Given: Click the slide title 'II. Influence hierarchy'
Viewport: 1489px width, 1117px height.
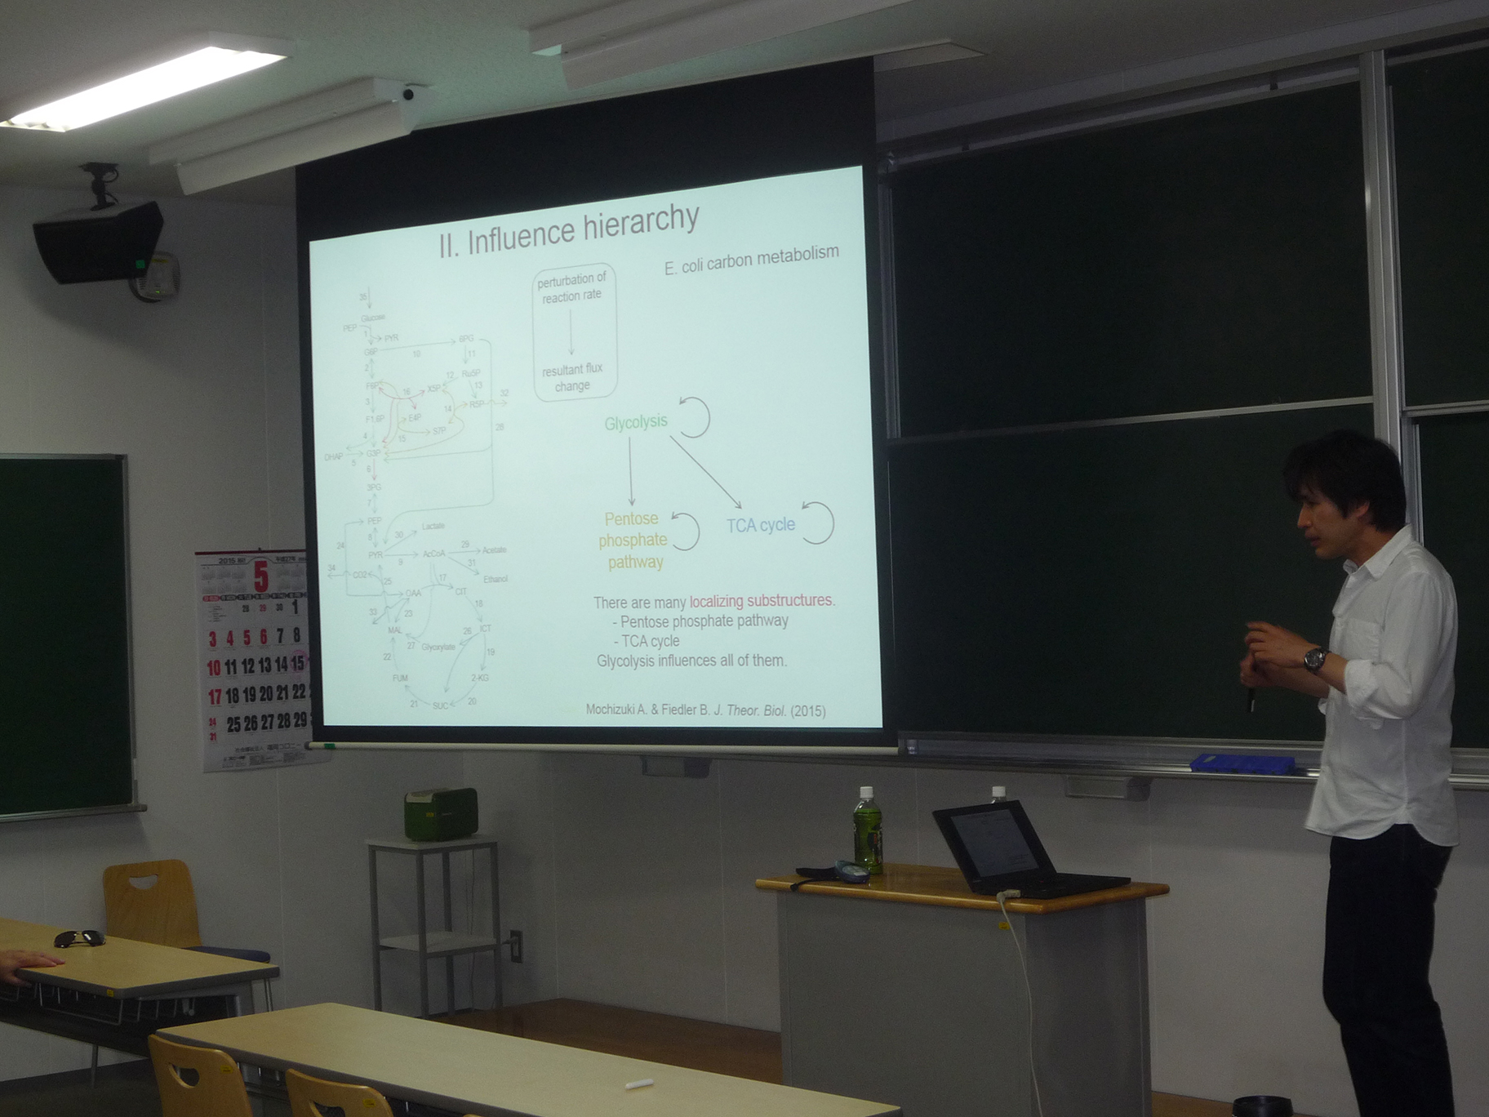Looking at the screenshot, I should coord(569,230).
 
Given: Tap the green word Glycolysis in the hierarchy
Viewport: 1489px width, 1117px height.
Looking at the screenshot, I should coord(636,422).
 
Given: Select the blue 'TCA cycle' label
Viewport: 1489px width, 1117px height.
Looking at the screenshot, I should coord(761,525).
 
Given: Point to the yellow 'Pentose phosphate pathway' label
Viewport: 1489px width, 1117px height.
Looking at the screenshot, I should coord(633,541).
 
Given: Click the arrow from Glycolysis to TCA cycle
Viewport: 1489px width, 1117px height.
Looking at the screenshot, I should coord(705,472).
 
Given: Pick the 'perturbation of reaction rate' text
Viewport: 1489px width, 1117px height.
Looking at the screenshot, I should coord(571,287).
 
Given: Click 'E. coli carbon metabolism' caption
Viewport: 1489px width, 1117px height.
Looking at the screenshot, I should coord(751,260).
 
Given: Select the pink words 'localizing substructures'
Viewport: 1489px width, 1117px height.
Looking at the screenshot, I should coord(761,601).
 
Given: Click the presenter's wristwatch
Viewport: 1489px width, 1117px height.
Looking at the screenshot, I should coord(1314,658).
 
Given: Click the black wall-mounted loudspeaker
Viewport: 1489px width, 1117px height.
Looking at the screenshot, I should coord(100,241).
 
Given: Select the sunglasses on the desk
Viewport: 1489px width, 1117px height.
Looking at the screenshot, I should coord(79,939).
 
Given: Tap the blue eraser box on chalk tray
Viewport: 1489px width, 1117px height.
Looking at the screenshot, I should coord(1242,764).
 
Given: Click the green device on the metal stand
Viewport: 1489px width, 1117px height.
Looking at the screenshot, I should coord(441,814).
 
